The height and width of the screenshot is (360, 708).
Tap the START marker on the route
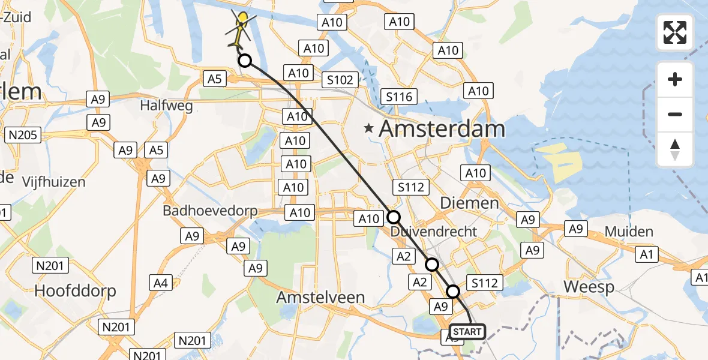click(467, 332)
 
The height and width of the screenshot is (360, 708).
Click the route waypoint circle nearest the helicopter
click(244, 60)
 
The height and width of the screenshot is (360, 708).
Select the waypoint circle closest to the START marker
click(453, 292)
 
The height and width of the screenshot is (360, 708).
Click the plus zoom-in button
click(675, 79)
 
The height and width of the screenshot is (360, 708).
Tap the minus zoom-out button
click(675, 114)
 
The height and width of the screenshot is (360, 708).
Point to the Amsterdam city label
click(442, 129)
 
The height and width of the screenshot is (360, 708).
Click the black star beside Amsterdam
click(369, 128)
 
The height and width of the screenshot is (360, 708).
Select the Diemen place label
click(469, 203)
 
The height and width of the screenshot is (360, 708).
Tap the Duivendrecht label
click(434, 232)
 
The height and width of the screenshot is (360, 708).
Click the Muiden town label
click(629, 232)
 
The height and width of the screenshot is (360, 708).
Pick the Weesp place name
click(589, 287)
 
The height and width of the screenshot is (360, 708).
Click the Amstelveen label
click(329, 297)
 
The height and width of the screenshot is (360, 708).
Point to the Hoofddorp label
click(75, 290)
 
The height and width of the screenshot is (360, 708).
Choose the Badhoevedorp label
click(210, 211)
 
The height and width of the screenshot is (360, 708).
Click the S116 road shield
click(399, 97)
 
